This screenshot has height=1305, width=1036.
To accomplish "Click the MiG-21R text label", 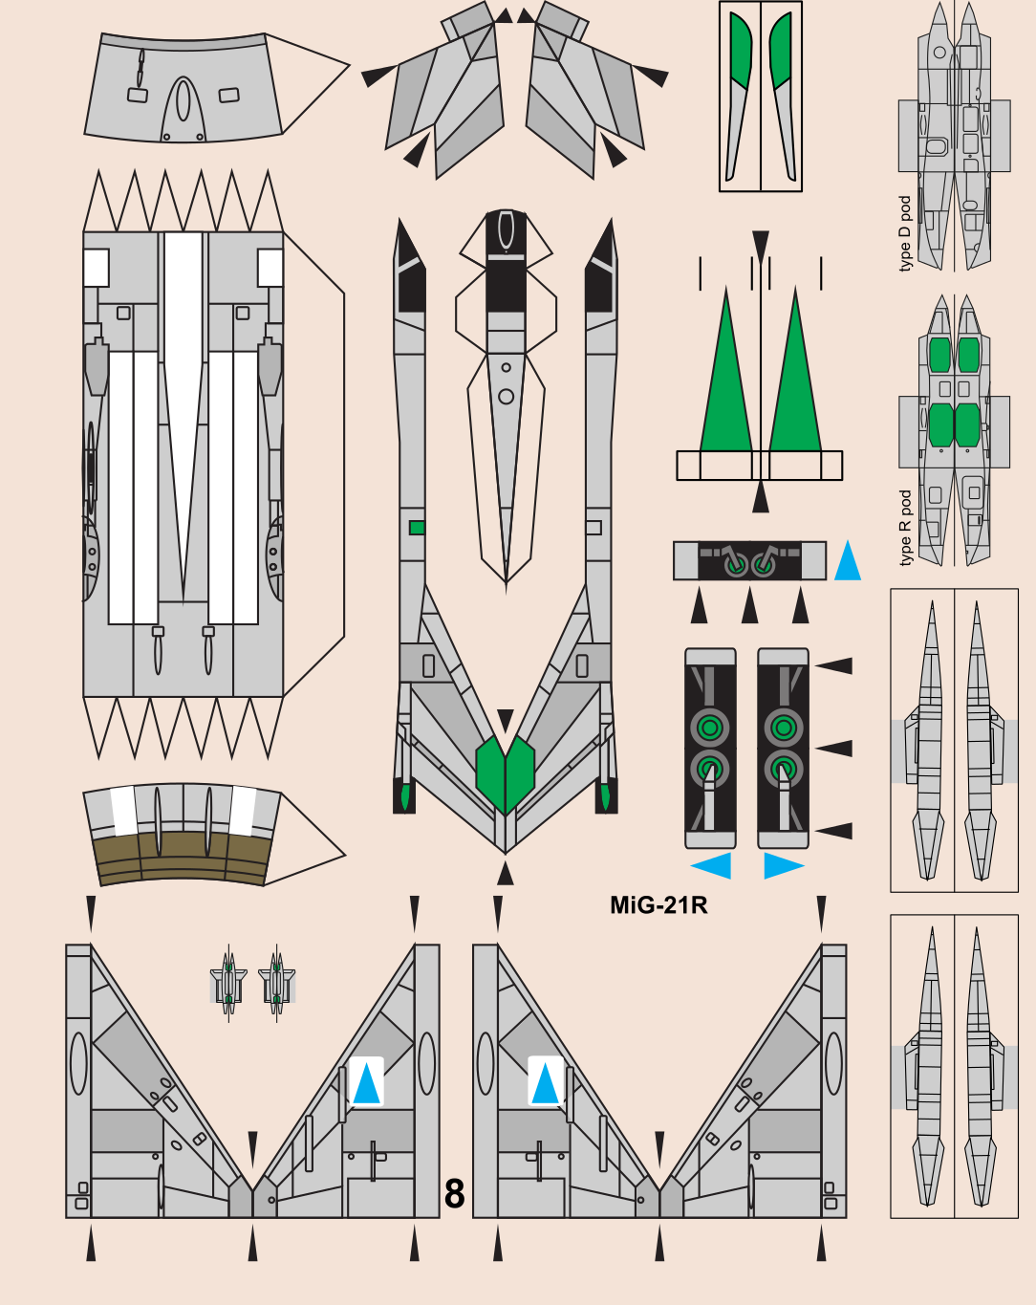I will coord(658,905).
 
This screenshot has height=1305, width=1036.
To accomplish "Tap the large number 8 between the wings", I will coord(455,1194).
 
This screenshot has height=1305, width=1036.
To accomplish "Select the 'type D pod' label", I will coord(905,234).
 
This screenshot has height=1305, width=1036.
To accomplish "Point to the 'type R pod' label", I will coord(905,528).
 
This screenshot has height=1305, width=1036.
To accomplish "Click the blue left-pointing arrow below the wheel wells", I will coord(712,866).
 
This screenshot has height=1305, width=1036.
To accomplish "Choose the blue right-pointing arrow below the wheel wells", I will coord(783,866).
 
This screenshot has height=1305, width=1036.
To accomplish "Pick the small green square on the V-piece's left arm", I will coord(417,528).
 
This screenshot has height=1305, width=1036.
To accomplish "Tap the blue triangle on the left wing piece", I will coord(366,1085).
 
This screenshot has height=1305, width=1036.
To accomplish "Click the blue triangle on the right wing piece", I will coord(545,1085).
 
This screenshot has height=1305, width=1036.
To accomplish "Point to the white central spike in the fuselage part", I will coord(183,382).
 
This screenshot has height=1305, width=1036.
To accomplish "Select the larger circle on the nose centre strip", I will coord(506,396).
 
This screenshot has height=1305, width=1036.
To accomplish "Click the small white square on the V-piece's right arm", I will coord(594,528).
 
